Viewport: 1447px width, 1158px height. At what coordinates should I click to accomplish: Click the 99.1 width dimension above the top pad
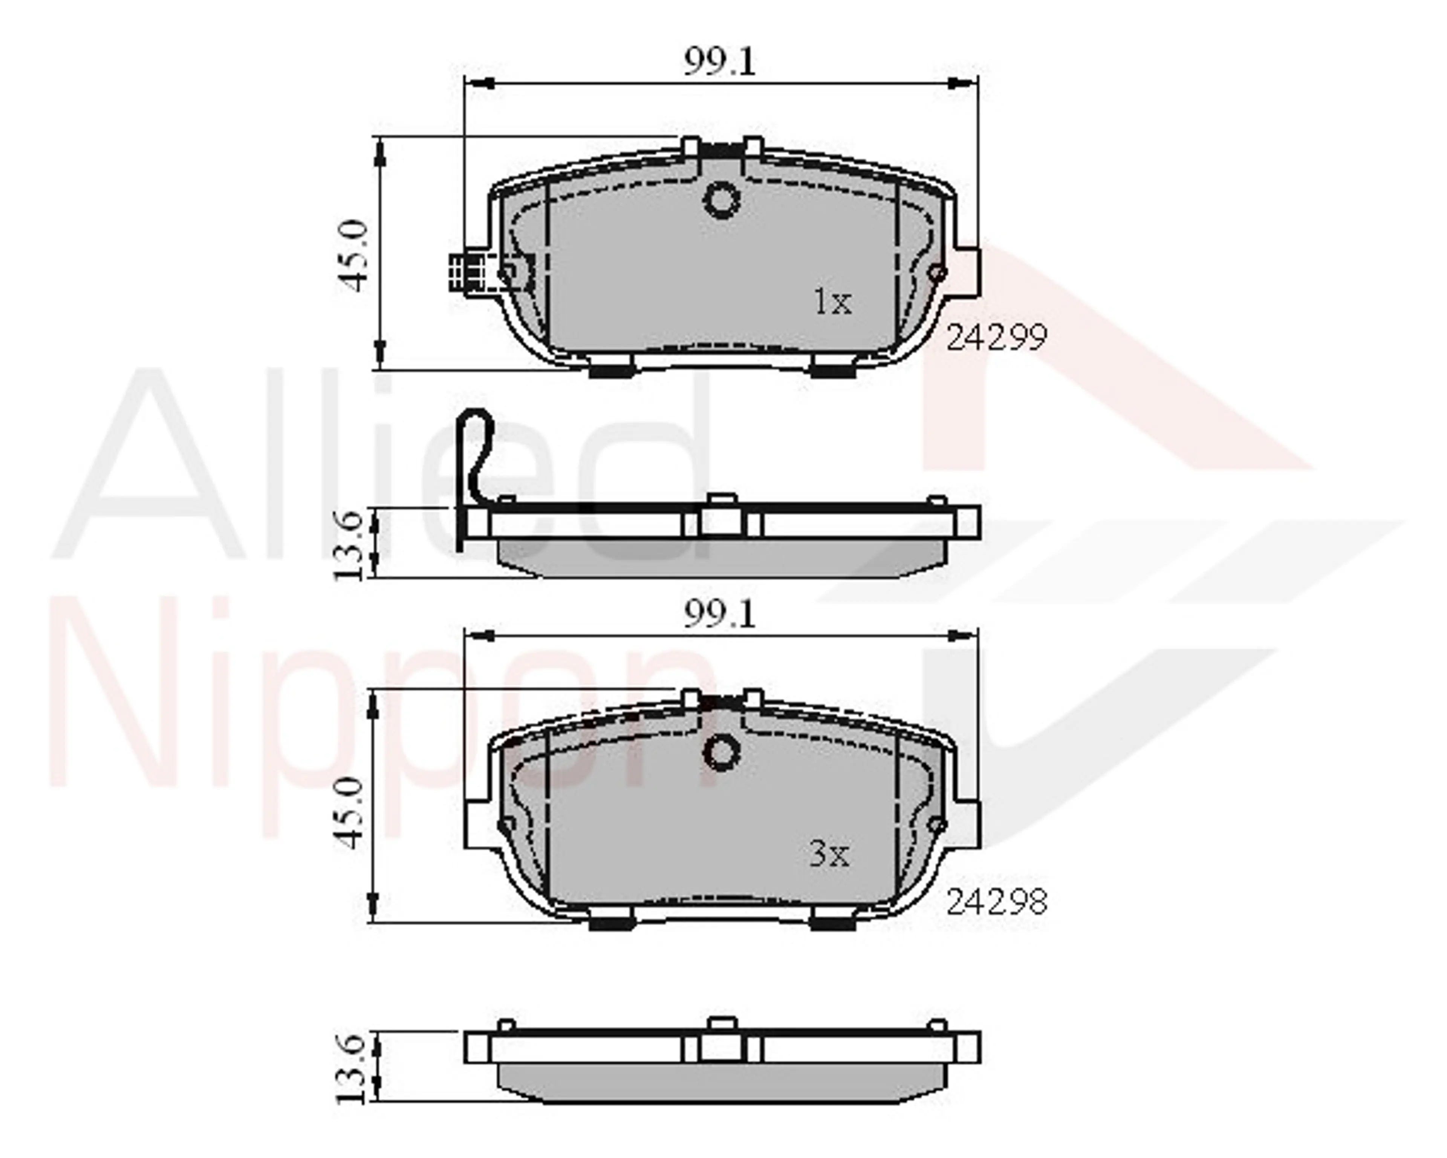tap(719, 63)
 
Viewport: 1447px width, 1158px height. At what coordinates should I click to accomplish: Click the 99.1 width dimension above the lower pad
tap(719, 614)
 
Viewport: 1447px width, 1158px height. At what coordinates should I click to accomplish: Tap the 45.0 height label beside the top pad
tap(354, 255)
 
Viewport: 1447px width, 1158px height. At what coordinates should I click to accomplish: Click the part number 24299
tap(996, 338)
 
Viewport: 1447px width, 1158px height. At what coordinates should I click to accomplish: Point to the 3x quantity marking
tap(829, 855)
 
